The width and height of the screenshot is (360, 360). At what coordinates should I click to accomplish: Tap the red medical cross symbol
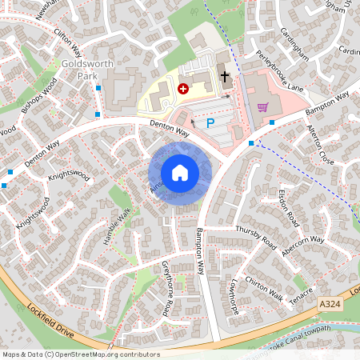coord(183,89)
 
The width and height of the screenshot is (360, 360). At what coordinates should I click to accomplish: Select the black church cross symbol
coord(225,78)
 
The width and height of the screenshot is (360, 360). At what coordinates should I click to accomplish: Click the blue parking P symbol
coord(210,123)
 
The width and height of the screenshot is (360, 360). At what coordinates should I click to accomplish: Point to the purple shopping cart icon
coord(262,106)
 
